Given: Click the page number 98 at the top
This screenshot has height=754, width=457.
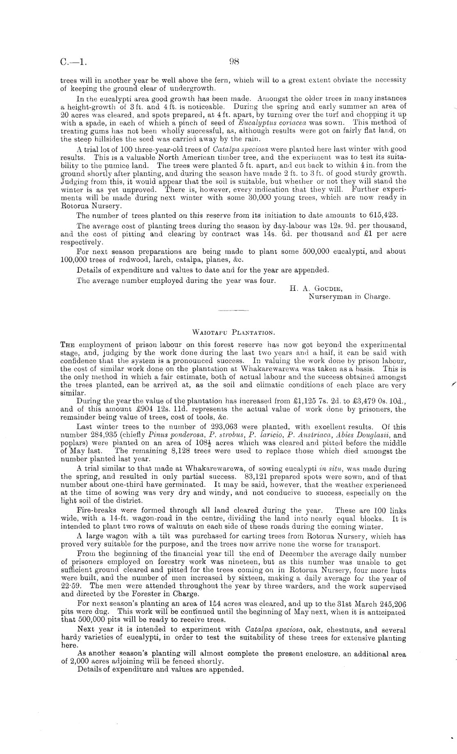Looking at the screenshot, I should (x=234, y=62).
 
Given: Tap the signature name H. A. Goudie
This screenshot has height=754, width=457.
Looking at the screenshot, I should (x=313, y=289).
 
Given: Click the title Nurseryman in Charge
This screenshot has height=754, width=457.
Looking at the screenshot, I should (x=349, y=297).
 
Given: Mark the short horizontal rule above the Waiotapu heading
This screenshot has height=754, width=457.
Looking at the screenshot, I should (x=234, y=312).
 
